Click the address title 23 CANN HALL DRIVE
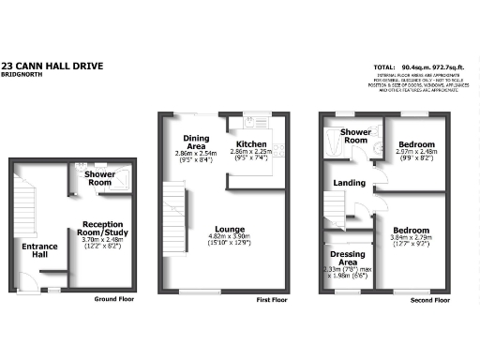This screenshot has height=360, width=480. [x=52, y=66]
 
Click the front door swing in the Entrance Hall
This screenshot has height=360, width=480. [x=25, y=280]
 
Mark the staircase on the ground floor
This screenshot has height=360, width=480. [x=25, y=202]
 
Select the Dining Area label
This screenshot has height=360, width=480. [x=196, y=142]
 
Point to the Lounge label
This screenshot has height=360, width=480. [x=229, y=228]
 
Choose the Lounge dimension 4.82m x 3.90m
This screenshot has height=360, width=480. [x=229, y=236]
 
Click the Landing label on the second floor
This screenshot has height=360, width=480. [x=349, y=183]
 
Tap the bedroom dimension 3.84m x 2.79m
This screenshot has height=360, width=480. [x=411, y=238]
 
